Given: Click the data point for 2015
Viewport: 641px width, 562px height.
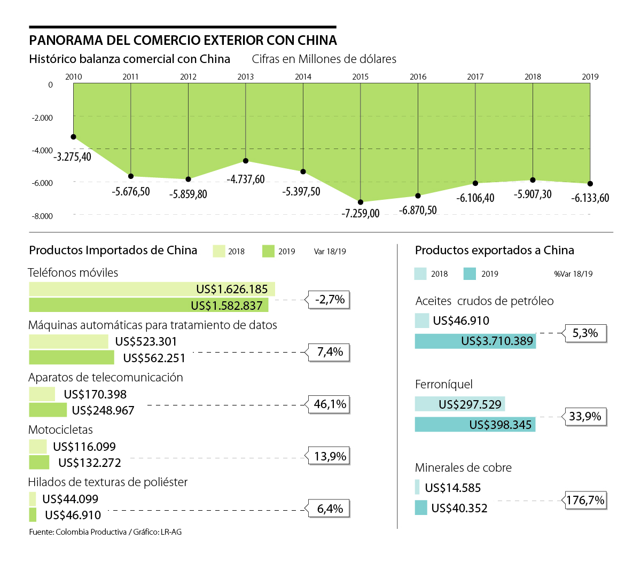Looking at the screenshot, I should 361,202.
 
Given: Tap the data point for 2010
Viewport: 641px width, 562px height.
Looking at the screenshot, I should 74,137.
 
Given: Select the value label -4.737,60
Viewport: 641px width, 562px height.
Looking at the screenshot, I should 246,179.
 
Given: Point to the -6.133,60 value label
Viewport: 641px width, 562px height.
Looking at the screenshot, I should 590,198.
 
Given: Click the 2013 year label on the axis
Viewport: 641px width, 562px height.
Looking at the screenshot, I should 246,77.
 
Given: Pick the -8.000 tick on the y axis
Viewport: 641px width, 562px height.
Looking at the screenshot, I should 43,216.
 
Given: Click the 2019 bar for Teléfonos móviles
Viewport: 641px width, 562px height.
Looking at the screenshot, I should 148,305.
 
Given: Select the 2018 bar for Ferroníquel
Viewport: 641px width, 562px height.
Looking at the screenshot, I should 459,404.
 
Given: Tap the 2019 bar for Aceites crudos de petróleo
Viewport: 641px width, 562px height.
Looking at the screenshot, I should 475,341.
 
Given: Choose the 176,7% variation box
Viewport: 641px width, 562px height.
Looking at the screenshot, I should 585,501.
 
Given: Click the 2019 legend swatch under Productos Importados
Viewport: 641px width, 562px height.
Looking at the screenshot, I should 268,251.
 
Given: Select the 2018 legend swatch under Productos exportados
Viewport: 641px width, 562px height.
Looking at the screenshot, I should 420,274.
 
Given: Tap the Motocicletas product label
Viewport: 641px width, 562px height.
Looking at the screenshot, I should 60,430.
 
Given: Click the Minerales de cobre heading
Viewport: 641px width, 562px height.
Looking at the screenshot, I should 463,467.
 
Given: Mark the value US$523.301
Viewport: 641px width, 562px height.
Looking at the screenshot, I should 146,341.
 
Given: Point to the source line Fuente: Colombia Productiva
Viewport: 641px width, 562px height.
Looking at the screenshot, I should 105,532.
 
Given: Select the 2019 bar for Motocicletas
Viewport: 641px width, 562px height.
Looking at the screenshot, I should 39,462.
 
